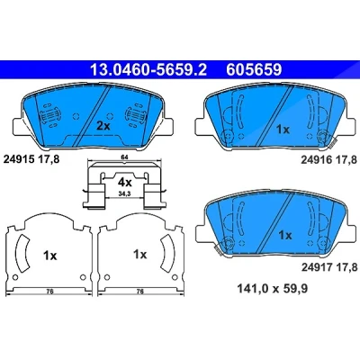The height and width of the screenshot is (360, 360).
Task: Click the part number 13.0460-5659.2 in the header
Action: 148,70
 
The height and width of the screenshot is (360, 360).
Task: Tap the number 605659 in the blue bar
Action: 254,70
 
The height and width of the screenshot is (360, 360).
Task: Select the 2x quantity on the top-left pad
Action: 103,126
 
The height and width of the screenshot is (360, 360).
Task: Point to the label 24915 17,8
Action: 31,159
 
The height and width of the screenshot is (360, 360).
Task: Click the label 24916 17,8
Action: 328,160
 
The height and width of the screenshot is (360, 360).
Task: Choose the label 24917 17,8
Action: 329,266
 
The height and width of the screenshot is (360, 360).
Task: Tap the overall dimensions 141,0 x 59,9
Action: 273,289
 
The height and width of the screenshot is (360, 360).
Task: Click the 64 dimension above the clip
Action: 124,157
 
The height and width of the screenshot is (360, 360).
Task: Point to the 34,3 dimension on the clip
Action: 124,194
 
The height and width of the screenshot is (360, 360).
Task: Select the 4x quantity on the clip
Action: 124,182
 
